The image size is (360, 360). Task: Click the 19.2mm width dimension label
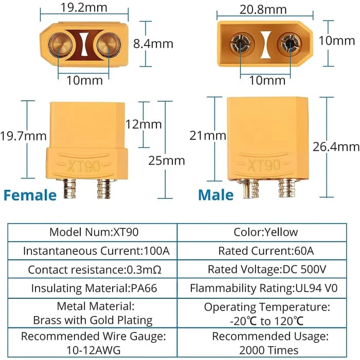[x=84, y=8]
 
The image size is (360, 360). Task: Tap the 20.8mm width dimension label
[x=263, y=10]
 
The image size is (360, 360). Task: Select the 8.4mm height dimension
[x=153, y=44]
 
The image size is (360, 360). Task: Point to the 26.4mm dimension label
[x=336, y=147]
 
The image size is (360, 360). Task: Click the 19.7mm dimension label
[x=23, y=136]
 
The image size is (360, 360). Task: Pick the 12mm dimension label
[x=143, y=124]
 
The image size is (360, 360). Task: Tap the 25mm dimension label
[x=167, y=160]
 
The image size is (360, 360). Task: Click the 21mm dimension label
[x=208, y=135]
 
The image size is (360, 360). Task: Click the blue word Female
[x=30, y=195]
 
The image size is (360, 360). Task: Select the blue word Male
[x=216, y=195]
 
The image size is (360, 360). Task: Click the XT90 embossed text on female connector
[x=83, y=166]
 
